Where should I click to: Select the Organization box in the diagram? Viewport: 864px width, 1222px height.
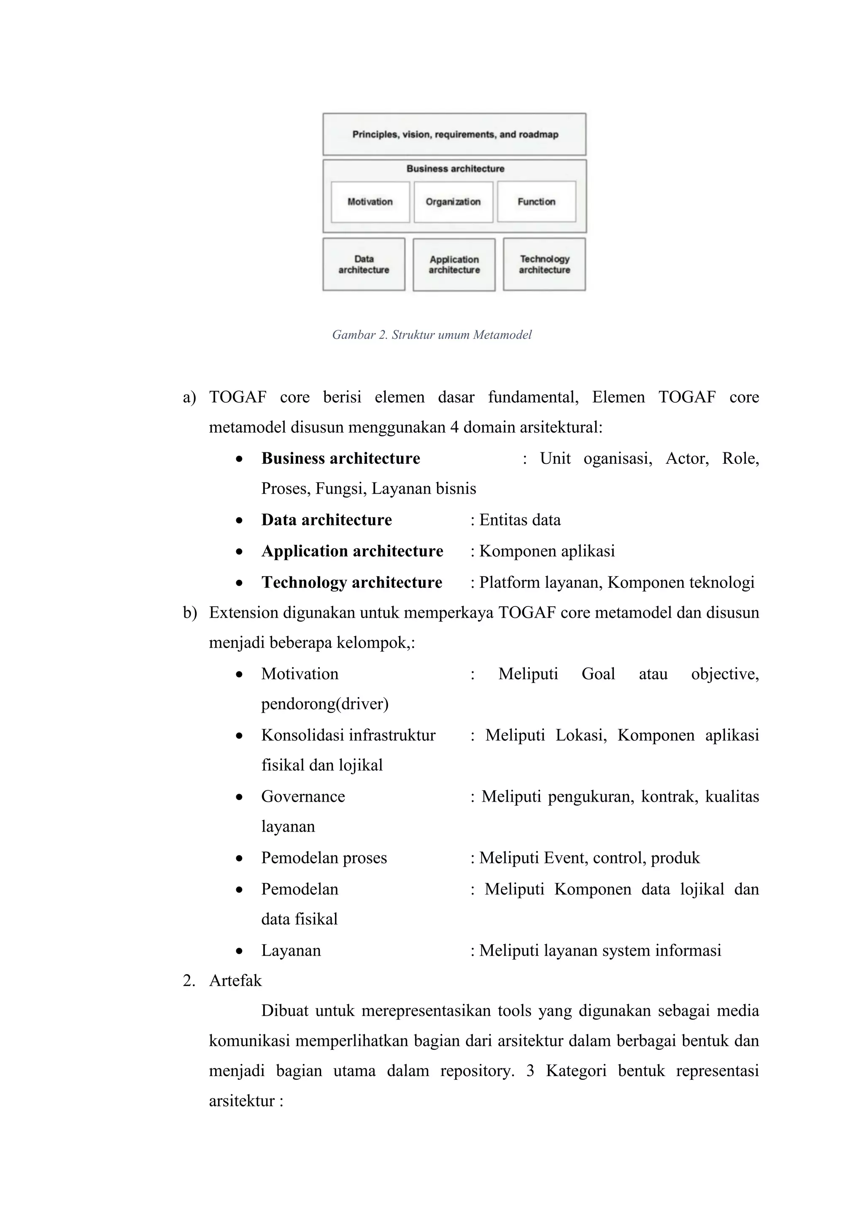coord(453,202)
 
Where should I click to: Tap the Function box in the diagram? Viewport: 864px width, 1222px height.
coord(536,202)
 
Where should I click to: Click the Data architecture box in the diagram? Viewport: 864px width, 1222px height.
coord(364,265)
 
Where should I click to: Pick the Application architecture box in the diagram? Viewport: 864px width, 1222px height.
coord(454,265)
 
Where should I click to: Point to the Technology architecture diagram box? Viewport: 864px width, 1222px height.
coord(544,265)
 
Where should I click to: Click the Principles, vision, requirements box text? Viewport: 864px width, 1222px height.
coord(455,135)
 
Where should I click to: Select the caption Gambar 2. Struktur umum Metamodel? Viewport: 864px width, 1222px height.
coord(432,335)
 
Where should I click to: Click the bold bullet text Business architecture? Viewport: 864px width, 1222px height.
coord(340,458)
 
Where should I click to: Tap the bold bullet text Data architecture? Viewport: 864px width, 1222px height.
coord(326,520)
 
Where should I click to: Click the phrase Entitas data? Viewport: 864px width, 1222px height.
coord(520,520)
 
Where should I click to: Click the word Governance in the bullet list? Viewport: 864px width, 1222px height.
coord(303,796)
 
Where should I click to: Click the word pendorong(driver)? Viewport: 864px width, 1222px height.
coord(324,704)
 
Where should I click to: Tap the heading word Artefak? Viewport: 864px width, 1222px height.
coord(235,980)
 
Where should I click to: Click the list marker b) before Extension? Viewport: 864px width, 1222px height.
coord(189,613)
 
